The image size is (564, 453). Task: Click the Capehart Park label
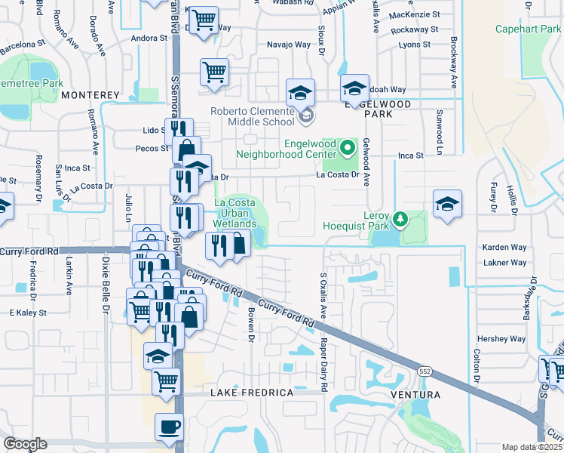click(526, 29)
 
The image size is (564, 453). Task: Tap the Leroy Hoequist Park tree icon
click(401, 219)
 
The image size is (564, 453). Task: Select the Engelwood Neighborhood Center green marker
click(348, 146)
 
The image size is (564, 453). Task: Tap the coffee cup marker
click(169, 427)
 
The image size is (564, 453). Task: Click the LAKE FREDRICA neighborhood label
click(251, 393)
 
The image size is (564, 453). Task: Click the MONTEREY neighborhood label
click(90, 95)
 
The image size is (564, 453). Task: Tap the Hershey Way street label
click(502, 339)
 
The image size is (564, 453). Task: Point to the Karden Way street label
click(504, 247)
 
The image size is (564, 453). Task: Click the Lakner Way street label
click(504, 263)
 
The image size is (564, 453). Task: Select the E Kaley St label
click(28, 312)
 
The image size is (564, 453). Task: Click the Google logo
click(25, 444)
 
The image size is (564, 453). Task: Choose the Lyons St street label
click(414, 45)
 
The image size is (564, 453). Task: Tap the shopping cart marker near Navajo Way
click(214, 72)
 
